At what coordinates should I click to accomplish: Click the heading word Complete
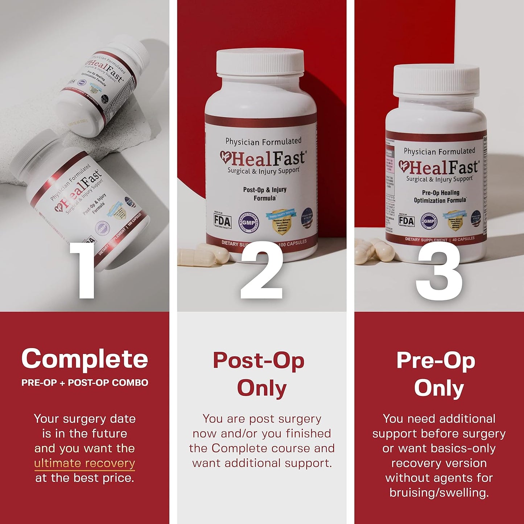point(84,359)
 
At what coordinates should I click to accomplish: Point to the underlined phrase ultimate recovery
point(84,463)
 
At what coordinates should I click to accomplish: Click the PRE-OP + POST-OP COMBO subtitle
point(84,383)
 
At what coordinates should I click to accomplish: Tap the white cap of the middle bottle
point(260,62)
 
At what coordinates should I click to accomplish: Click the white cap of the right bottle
point(436,81)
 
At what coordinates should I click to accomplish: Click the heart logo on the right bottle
point(404,166)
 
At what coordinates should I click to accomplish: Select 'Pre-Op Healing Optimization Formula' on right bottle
point(440,197)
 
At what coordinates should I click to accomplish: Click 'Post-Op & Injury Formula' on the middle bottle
point(265,194)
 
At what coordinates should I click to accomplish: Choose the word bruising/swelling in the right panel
point(439,493)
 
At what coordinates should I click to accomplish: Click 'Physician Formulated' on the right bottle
point(439,151)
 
